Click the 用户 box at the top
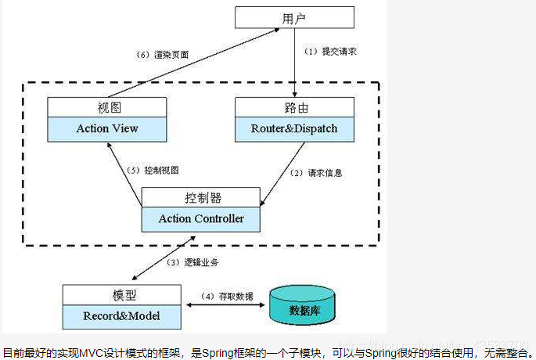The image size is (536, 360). click(294, 17)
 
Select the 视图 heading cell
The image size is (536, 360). click(107, 107)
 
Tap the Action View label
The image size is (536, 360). click(107, 128)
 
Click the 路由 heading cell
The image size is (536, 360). click(294, 107)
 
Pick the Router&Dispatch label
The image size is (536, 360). click(294, 128)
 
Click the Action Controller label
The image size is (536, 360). click(201, 219)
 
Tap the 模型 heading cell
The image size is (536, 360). click(122, 295)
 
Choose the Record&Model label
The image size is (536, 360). click(122, 317)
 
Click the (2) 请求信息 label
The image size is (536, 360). click(315, 172)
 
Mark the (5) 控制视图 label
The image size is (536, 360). click(153, 170)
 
